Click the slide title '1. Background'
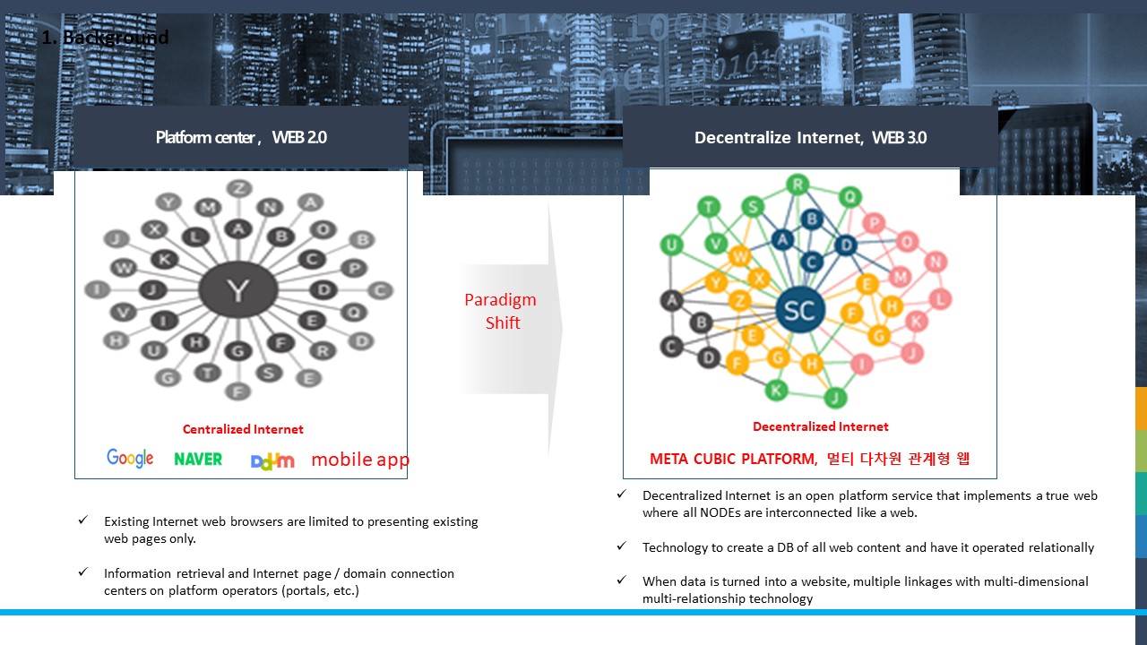pyautogui.click(x=105, y=38)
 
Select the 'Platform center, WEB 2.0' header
pyautogui.click(x=241, y=138)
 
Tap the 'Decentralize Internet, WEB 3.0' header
pyautogui.click(x=810, y=138)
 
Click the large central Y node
pyautogui.click(x=237, y=290)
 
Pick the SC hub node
pyautogui.click(x=799, y=310)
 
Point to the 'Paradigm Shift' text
pyautogui.click(x=500, y=311)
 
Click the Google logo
pyautogui.click(x=130, y=459)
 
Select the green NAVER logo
pyautogui.click(x=198, y=459)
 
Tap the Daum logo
pyautogui.click(x=272, y=460)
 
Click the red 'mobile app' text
pyautogui.click(x=360, y=460)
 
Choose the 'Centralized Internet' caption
pyautogui.click(x=243, y=429)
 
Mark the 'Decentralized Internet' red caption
pyautogui.click(x=820, y=426)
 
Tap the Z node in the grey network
pyautogui.click(x=238, y=188)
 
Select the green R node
pyautogui.click(x=797, y=185)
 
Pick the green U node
pyautogui.click(x=671, y=245)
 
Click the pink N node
pyautogui.click(x=936, y=262)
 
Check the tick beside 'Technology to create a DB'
pyautogui.click(x=621, y=546)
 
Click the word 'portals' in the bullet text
pyautogui.click(x=307, y=590)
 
